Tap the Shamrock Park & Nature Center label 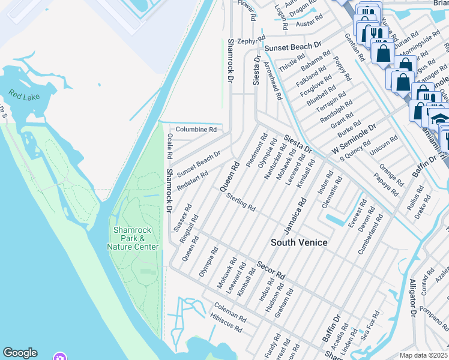[133, 239]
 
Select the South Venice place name [299, 242]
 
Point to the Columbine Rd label [196, 130]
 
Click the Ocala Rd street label [170, 146]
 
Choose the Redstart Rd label [192, 181]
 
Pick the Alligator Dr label [413, 298]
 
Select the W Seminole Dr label [350, 137]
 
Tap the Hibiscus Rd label [226, 326]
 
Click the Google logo [20, 353]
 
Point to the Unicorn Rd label [384, 146]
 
